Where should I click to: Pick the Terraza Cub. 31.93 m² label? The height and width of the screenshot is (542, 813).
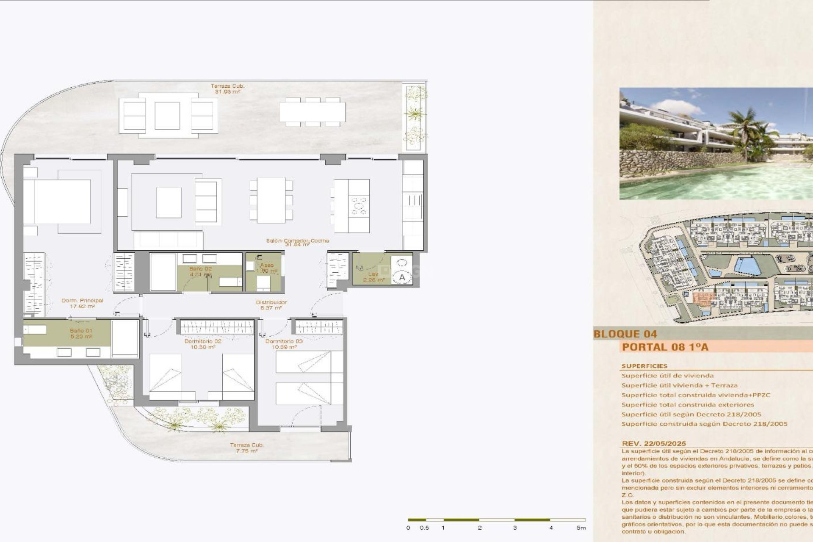tap(227, 88)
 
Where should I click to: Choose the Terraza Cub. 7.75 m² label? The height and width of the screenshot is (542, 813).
tap(246, 448)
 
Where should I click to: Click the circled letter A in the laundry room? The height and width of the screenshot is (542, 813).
tap(401, 277)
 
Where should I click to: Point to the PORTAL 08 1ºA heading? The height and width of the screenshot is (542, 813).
tap(665, 347)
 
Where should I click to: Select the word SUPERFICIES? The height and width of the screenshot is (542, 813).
tap(644, 366)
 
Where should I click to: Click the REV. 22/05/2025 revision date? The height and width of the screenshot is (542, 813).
tap(653, 443)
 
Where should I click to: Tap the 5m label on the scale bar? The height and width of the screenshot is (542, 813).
tap(581, 528)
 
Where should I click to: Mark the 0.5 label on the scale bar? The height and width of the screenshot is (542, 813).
tap(424, 528)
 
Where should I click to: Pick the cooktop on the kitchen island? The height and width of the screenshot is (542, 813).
tap(359, 206)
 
